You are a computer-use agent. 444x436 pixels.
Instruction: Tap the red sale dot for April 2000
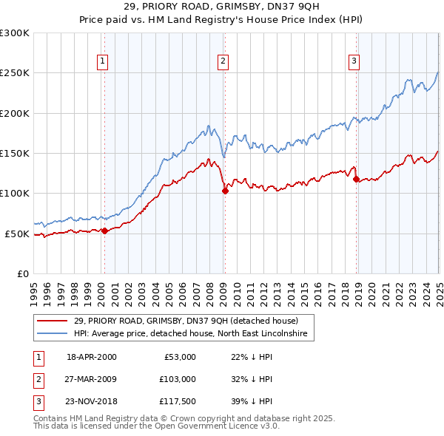[104, 231]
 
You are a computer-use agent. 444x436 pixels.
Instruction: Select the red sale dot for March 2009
[225, 191]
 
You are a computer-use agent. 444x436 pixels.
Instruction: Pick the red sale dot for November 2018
[356, 179]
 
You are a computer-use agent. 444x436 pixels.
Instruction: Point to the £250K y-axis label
[15, 73]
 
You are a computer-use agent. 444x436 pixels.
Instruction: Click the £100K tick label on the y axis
[15, 193]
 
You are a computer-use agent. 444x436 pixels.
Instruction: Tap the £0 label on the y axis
[21, 273]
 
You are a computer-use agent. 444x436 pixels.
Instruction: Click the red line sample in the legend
[52, 321]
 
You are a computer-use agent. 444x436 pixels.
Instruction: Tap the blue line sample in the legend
[52, 334]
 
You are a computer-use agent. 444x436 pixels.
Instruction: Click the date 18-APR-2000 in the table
[92, 357]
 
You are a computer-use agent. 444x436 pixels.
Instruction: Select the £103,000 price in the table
[178, 379]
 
